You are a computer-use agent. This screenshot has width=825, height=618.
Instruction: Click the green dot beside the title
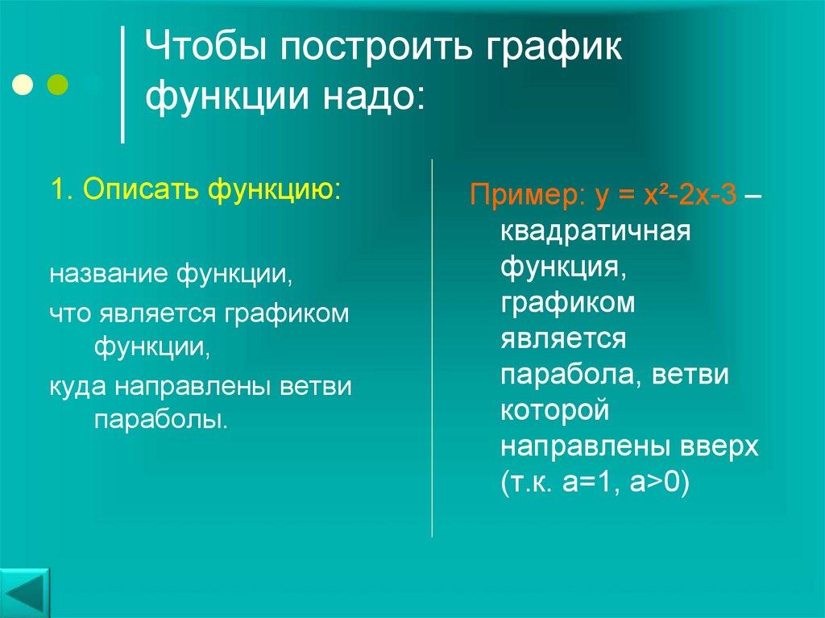pyautogui.click(x=58, y=84)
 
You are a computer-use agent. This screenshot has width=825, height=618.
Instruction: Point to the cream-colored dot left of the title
pyautogui.click(x=23, y=84)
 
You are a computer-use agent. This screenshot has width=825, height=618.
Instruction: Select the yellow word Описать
pyautogui.click(x=142, y=191)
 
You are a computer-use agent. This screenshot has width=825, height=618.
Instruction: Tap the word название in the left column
pyautogui.click(x=107, y=275)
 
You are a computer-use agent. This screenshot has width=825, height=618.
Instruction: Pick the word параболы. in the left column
pyautogui.click(x=161, y=420)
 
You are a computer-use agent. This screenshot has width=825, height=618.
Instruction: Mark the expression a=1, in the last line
pyautogui.click(x=584, y=483)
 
